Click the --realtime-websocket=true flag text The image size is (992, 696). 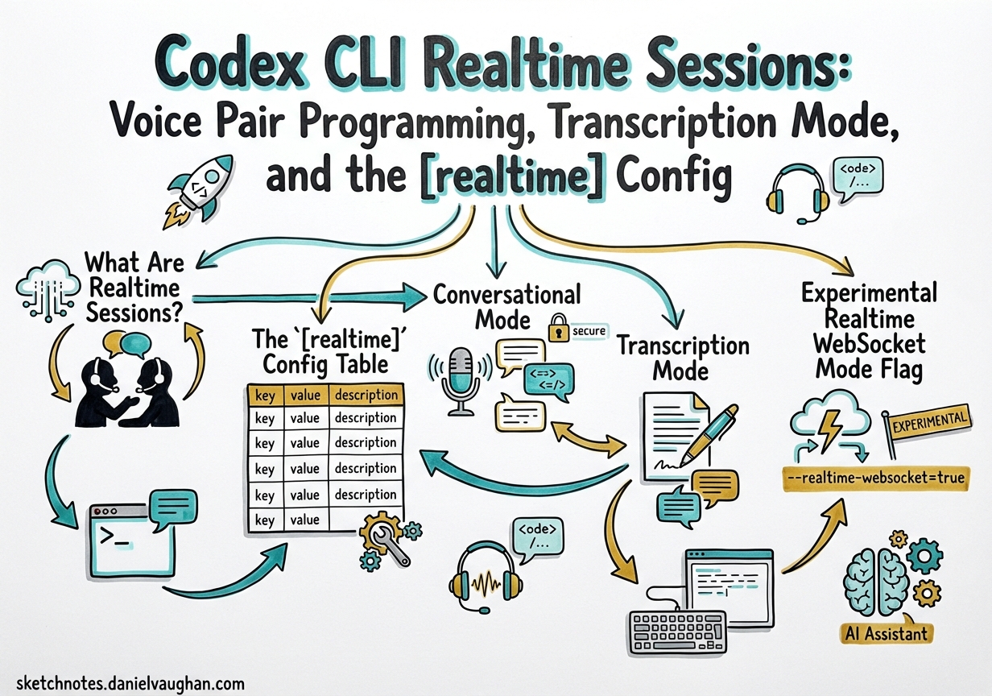pos(874,478)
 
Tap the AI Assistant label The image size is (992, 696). pos(886,632)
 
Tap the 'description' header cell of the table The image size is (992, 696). pos(366,395)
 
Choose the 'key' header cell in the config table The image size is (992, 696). pos(264,396)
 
